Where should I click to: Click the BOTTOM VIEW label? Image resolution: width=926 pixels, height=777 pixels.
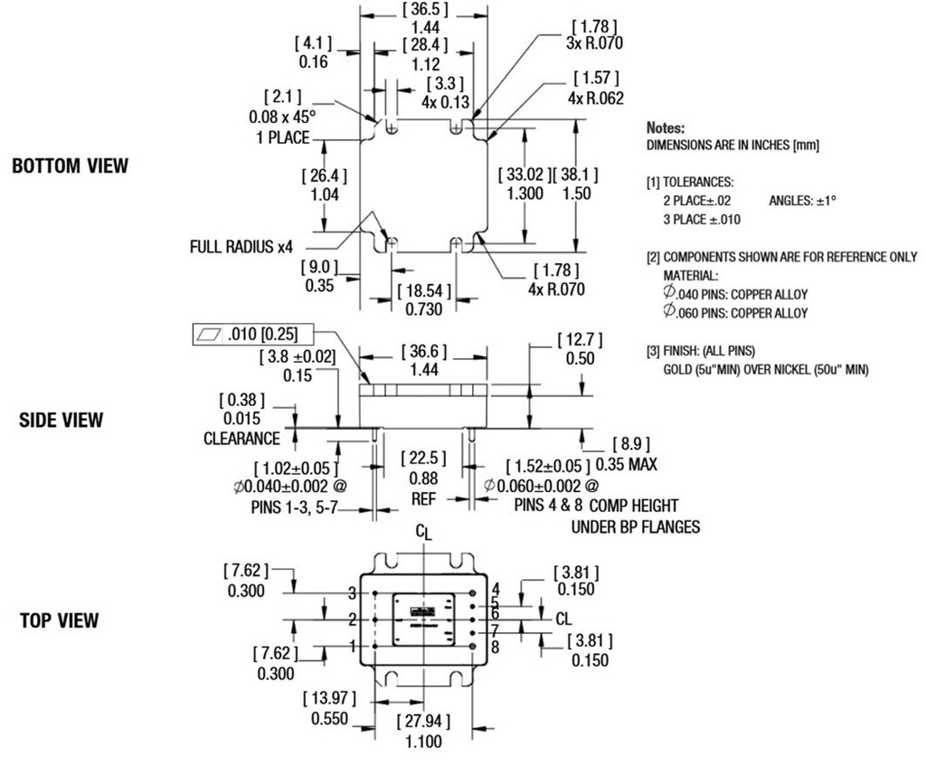point(70,166)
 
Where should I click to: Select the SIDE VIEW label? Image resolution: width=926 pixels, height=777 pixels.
point(61,421)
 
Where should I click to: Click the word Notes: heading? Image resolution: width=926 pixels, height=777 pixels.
point(667,129)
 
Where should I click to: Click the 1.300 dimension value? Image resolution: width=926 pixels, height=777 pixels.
point(524,194)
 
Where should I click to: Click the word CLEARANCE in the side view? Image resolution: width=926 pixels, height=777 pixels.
point(241,438)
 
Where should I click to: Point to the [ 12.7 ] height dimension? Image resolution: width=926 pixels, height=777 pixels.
point(574,339)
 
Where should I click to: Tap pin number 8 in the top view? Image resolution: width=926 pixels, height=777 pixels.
point(495,647)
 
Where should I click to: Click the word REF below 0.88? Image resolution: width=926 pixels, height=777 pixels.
point(418,497)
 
